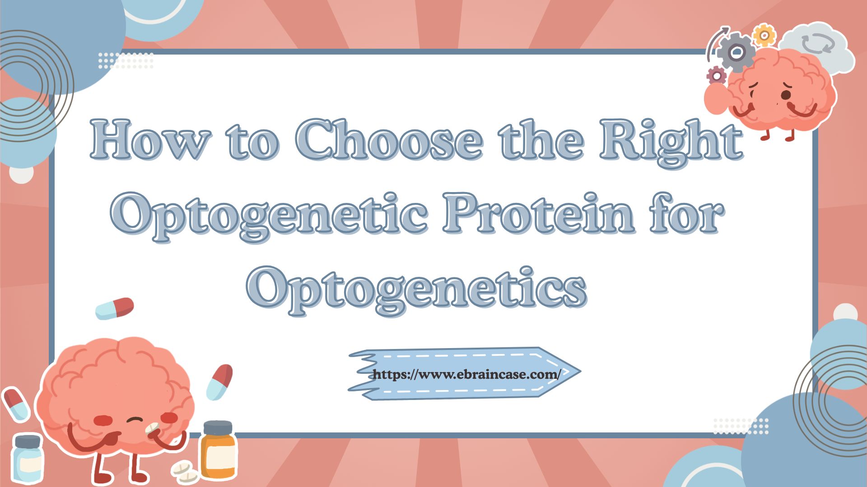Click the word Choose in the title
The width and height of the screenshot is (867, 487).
(389, 140)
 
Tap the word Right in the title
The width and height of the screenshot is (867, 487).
(671, 141)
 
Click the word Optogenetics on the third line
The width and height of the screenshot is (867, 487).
(416, 288)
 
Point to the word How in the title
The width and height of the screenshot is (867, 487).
(150, 140)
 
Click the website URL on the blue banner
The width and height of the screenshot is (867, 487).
(466, 374)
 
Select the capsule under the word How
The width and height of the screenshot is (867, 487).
(115, 308)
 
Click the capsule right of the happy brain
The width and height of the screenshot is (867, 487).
(219, 382)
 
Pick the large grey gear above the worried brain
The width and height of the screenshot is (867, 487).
(736, 52)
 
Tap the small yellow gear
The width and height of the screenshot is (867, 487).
(764, 35)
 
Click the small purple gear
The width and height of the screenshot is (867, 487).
(716, 75)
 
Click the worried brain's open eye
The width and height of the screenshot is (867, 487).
(786, 95)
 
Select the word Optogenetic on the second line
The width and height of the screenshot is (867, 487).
(270, 214)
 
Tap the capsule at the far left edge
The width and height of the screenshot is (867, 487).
(15, 404)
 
